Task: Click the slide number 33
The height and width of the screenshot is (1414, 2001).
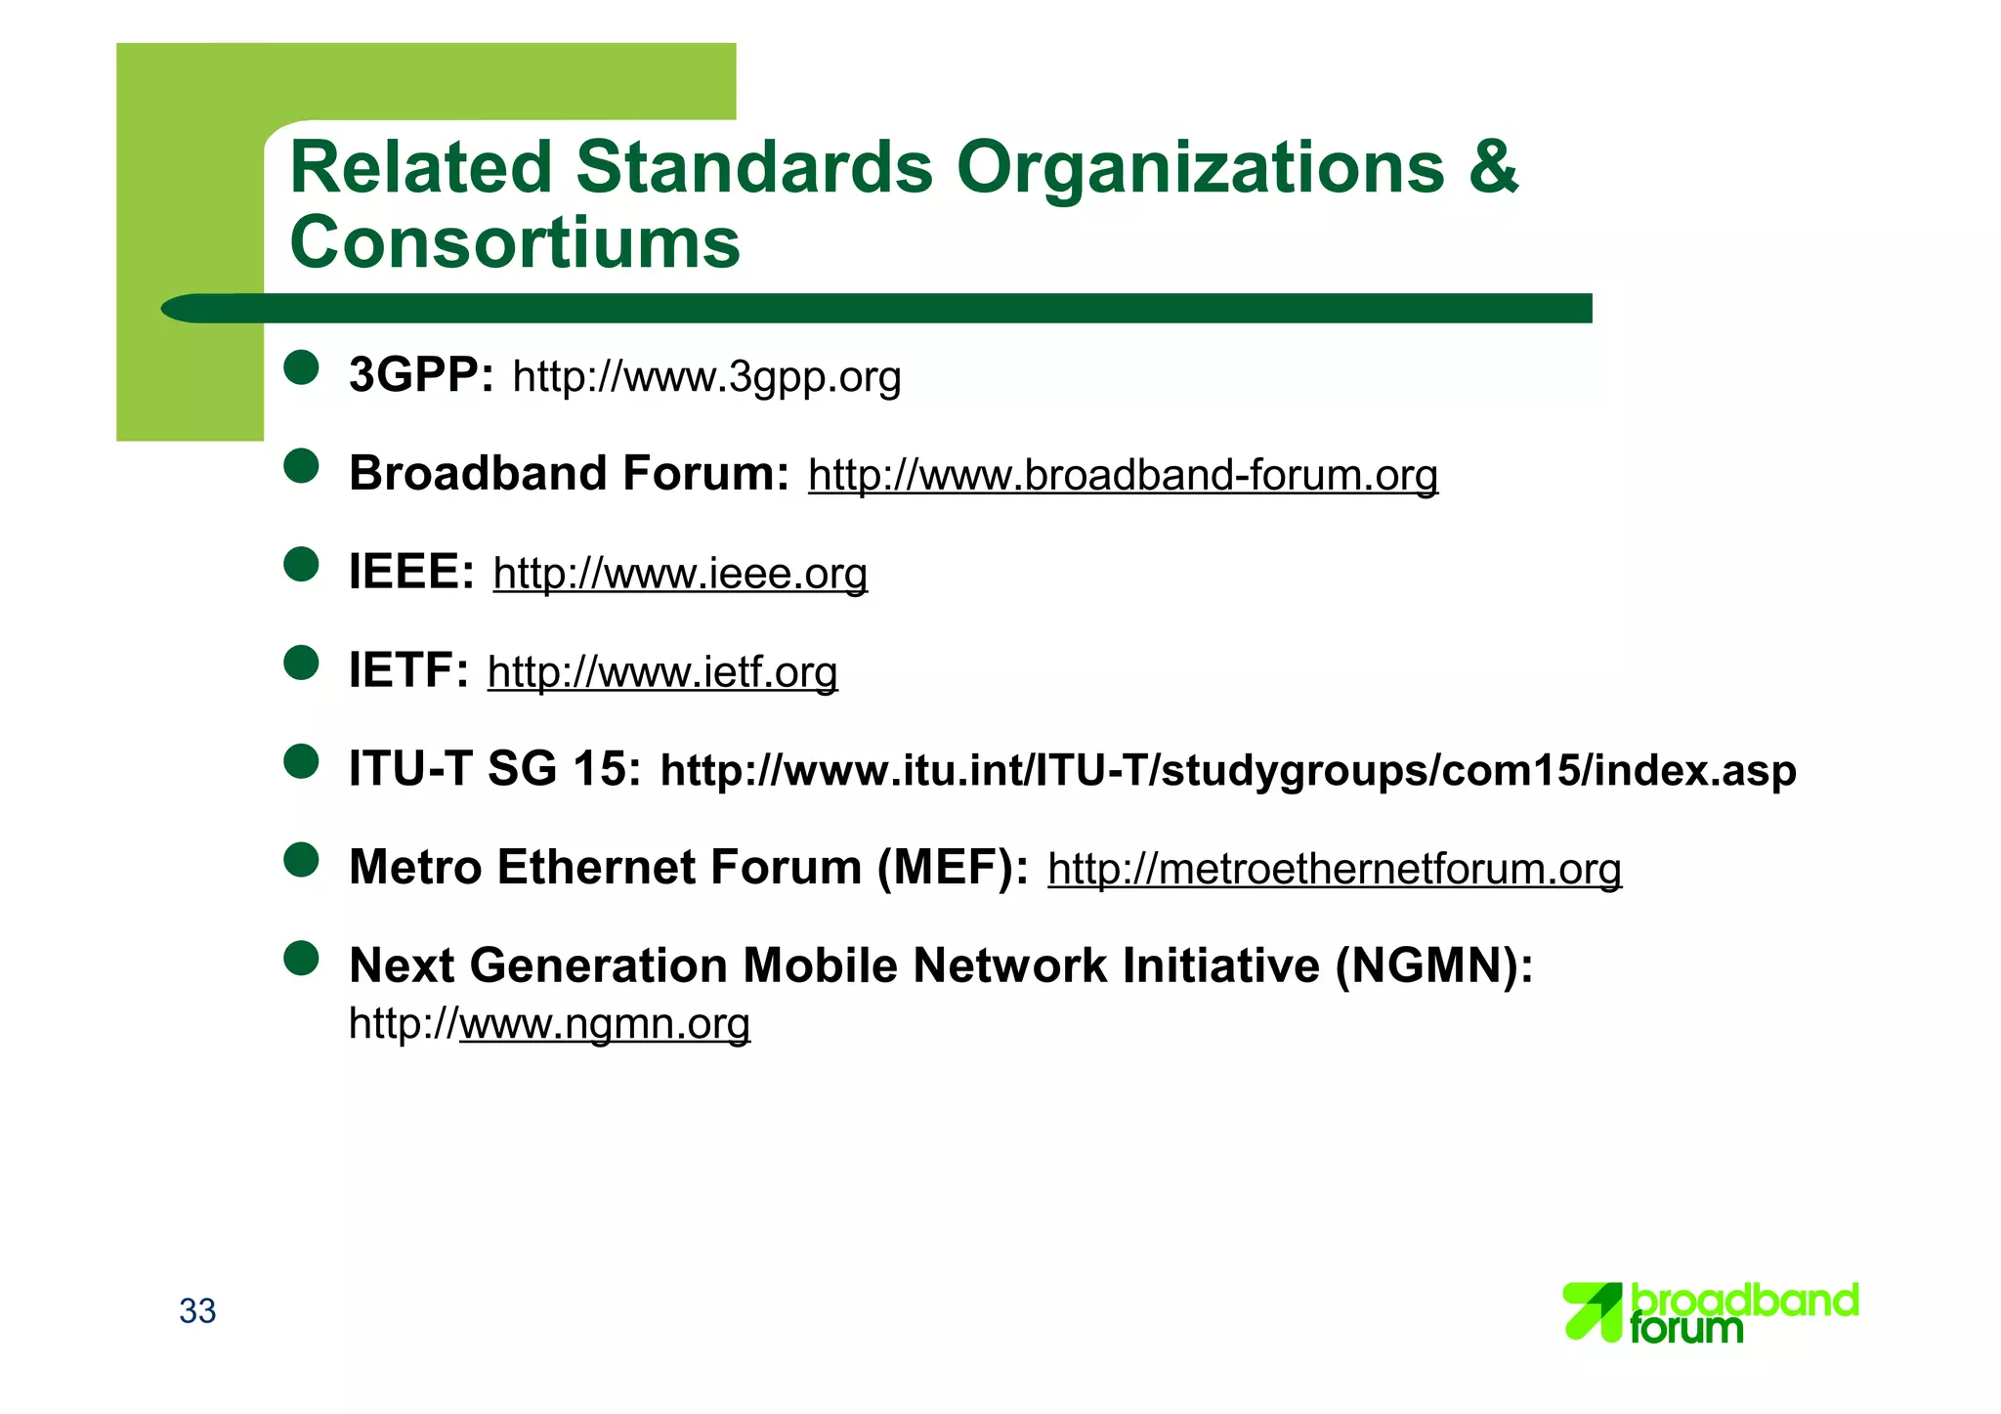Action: tap(197, 1311)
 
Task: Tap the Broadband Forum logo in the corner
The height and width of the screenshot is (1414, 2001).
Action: tap(1710, 1312)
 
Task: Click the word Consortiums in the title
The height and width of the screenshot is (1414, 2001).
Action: tap(515, 242)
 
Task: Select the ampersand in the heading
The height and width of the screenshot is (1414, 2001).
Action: tap(1493, 166)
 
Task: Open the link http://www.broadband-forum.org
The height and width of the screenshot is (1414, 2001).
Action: tap(1123, 476)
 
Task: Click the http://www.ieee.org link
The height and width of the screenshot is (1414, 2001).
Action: tap(680, 574)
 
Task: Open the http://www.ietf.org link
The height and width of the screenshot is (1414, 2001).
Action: tap(662, 672)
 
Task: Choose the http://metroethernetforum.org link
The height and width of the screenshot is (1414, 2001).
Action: tap(1334, 869)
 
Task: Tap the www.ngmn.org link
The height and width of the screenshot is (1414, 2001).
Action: tap(605, 1024)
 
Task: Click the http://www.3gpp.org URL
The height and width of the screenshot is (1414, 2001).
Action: tap(706, 377)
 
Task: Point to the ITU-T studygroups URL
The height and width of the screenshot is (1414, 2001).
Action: tap(1228, 771)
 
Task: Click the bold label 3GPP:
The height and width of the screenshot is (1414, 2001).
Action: tap(421, 375)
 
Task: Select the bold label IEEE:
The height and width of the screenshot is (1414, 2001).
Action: tap(411, 572)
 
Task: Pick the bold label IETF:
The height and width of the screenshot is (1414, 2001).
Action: tap(408, 670)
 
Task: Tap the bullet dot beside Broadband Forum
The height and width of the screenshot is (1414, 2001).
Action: tap(302, 466)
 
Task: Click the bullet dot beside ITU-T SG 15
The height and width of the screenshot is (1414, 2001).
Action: tap(302, 761)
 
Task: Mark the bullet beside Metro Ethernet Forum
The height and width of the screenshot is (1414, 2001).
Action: tap(302, 860)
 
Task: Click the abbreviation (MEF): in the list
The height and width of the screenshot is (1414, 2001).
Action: tap(953, 868)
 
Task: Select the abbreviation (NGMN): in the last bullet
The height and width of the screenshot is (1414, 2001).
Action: tap(1434, 965)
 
